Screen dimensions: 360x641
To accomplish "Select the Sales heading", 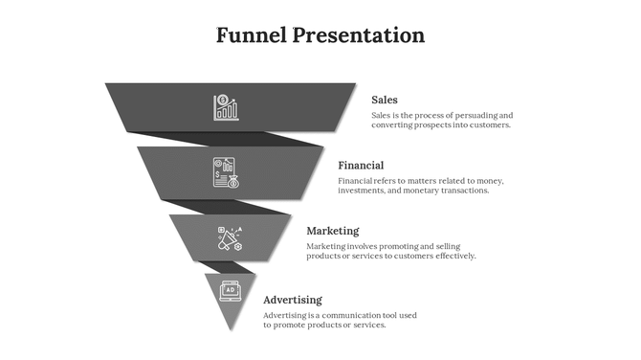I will click(385, 100).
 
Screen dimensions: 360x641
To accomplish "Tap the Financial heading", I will click(361, 166).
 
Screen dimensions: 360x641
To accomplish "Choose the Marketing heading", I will click(332, 231).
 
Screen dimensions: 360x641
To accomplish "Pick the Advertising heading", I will click(292, 300).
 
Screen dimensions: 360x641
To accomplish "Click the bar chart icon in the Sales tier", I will click(227, 106).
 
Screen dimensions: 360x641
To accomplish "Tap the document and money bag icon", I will click(227, 172).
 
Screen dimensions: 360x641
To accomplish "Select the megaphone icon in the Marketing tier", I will click(230, 238).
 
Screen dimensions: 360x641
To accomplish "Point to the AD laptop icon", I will click(230, 288).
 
